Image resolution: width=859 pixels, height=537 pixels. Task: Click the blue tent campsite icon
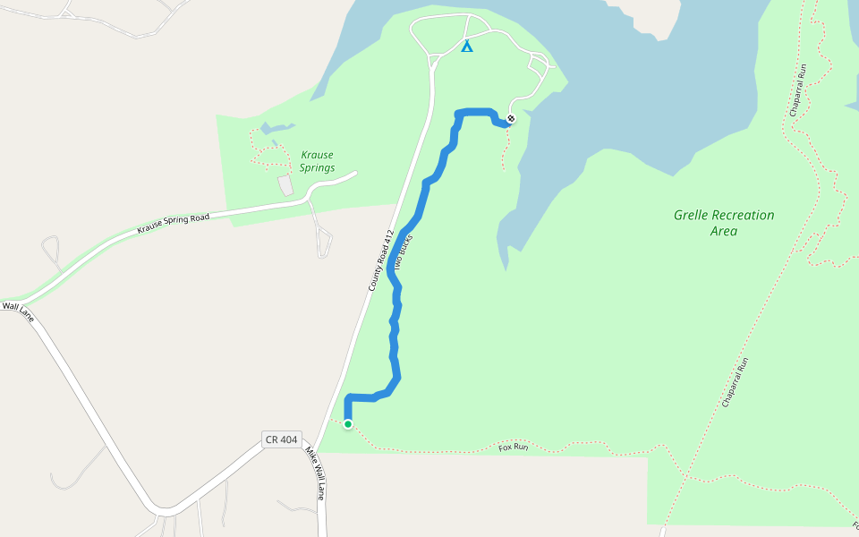click(x=466, y=46)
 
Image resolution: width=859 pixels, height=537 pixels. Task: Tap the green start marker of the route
click(x=348, y=424)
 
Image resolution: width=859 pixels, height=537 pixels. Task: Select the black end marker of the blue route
click(x=511, y=119)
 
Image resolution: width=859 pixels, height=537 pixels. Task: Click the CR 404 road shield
click(x=281, y=439)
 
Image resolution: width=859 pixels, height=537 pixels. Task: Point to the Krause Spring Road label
click(x=173, y=224)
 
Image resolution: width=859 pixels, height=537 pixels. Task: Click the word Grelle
click(x=693, y=216)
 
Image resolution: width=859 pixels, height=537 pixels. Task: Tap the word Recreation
click(x=745, y=216)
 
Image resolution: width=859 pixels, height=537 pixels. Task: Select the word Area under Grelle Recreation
click(x=723, y=232)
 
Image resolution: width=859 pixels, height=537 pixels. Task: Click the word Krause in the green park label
click(x=317, y=155)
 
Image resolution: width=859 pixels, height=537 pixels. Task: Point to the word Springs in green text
click(x=317, y=168)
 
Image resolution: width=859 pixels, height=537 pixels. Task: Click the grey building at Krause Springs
click(x=285, y=185)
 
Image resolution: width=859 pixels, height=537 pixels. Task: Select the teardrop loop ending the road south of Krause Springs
click(x=324, y=243)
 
